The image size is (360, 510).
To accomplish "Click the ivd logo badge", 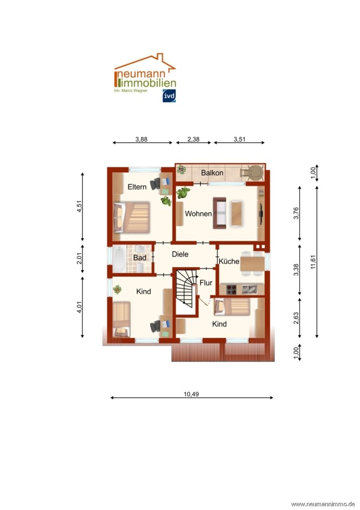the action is point(169,95).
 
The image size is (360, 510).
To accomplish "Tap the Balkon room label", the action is point(212,173).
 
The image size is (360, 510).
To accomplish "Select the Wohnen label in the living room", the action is point(198,214).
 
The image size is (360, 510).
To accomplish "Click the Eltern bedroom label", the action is point(137,187).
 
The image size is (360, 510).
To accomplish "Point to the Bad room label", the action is point(140,258).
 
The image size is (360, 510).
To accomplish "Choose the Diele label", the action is point(180,254).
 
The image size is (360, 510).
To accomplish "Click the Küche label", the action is point(229,261).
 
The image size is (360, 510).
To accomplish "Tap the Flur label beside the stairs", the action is point(206,283).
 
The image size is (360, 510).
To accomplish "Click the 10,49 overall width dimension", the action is point(192,394).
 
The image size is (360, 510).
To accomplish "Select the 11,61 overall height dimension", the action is point(313,262).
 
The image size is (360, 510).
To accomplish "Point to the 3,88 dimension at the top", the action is point(142,139).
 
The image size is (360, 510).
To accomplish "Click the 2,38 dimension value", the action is point(193,139).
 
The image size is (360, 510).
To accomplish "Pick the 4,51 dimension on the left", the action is point(79,206).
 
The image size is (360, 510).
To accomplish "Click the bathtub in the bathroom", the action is point(119,259).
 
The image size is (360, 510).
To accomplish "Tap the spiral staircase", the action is point(186,289).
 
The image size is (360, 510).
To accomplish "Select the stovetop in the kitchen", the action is point(231,289).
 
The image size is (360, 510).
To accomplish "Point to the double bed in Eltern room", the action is point(132,217).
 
